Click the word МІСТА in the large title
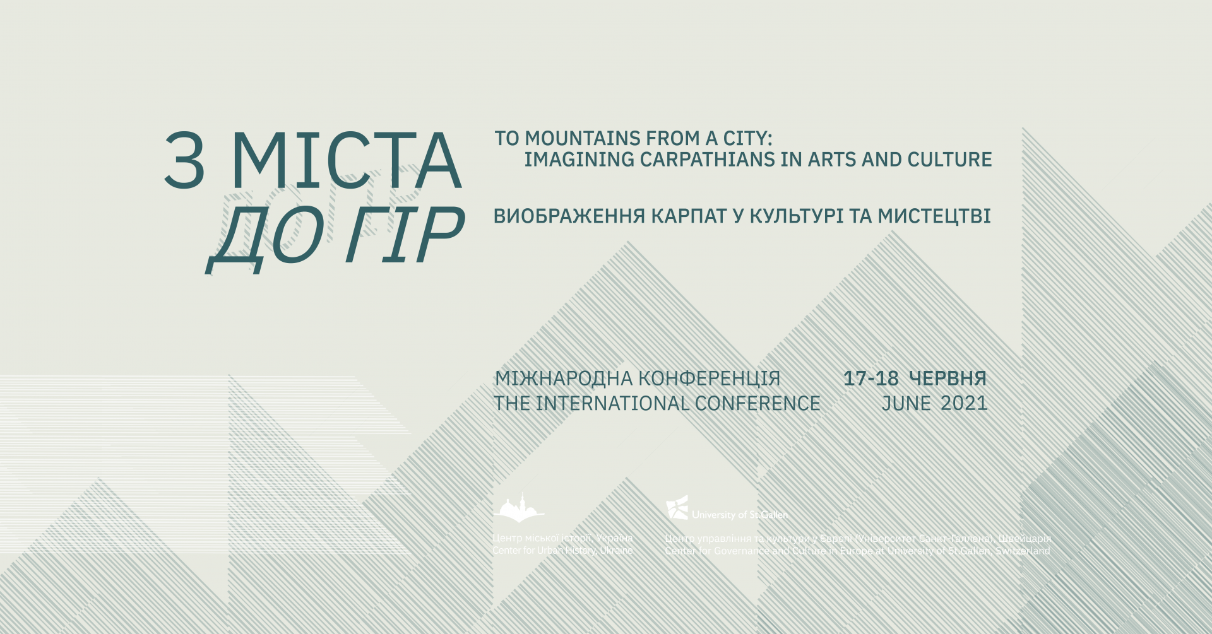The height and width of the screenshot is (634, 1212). pos(347,161)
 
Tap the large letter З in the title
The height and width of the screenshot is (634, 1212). pos(184,161)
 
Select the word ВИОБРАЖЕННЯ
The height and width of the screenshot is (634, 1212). pos(569,216)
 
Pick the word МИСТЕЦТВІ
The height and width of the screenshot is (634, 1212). pos(934,216)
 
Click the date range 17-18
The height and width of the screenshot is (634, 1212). pos(870,379)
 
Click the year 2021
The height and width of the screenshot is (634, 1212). pos(964,404)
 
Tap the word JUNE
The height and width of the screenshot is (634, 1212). pos(906,404)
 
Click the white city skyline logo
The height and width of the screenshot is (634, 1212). pos(519,509)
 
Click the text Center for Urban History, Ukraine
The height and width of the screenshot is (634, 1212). pos(562,551)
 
